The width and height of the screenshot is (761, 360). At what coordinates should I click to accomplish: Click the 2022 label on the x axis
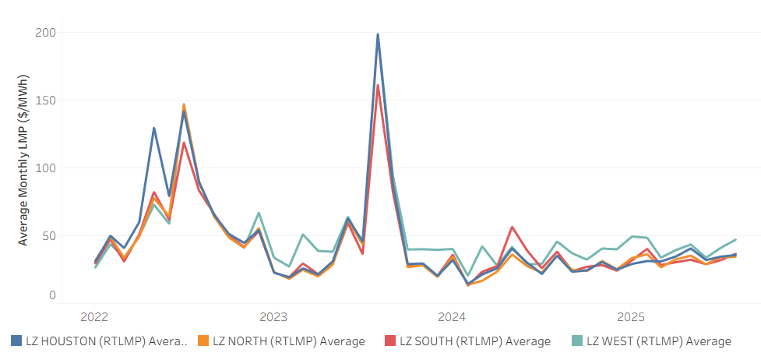pyautogui.click(x=94, y=317)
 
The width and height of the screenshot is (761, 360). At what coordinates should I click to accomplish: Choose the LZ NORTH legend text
pyautogui.click(x=289, y=341)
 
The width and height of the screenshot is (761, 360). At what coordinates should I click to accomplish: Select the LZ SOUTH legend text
pyautogui.click(x=475, y=341)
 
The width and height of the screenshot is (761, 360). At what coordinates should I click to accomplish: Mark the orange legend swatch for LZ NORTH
pyautogui.click(x=201, y=341)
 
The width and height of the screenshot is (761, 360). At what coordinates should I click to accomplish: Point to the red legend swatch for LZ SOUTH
pyautogui.click(x=388, y=341)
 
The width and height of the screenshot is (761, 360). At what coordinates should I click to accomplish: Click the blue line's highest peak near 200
pyautogui.click(x=378, y=34)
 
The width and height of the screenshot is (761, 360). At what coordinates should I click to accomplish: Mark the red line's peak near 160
pyautogui.click(x=378, y=86)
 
